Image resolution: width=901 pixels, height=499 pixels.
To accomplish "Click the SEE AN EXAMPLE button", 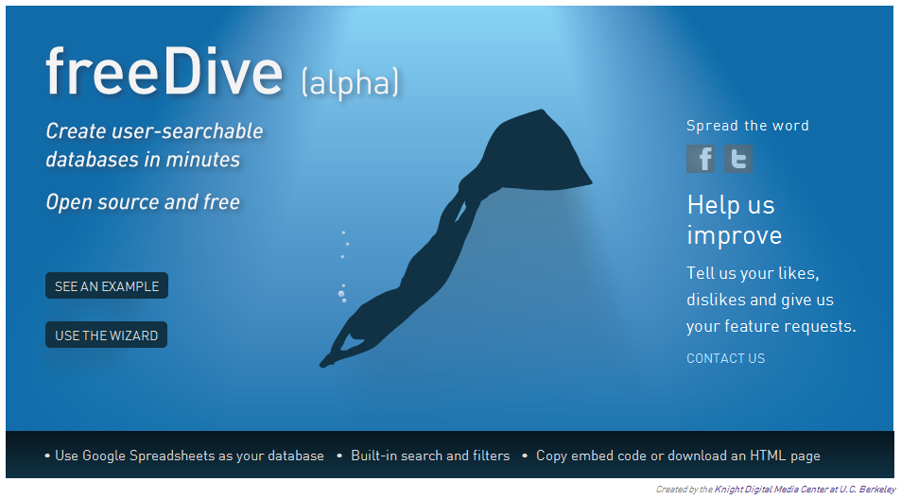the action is tap(107, 285).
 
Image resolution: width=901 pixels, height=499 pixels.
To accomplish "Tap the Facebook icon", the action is tap(701, 159).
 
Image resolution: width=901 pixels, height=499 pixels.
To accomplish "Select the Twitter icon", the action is tap(737, 159).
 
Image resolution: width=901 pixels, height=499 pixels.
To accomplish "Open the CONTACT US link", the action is tap(726, 358).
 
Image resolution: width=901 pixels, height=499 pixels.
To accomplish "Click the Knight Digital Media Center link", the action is tap(805, 490).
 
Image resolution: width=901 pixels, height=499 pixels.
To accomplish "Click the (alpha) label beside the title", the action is tap(350, 82).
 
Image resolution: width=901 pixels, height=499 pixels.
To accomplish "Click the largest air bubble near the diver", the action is tap(340, 294).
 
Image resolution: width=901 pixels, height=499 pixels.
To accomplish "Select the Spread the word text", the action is tap(748, 126).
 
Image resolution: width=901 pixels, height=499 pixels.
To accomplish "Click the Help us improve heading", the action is tap(735, 220).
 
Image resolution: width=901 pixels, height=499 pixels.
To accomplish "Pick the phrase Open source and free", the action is tap(143, 202).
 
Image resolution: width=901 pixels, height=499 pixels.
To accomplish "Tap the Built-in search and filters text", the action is tap(430, 456).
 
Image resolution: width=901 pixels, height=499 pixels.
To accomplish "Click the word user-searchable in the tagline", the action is tap(187, 131).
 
